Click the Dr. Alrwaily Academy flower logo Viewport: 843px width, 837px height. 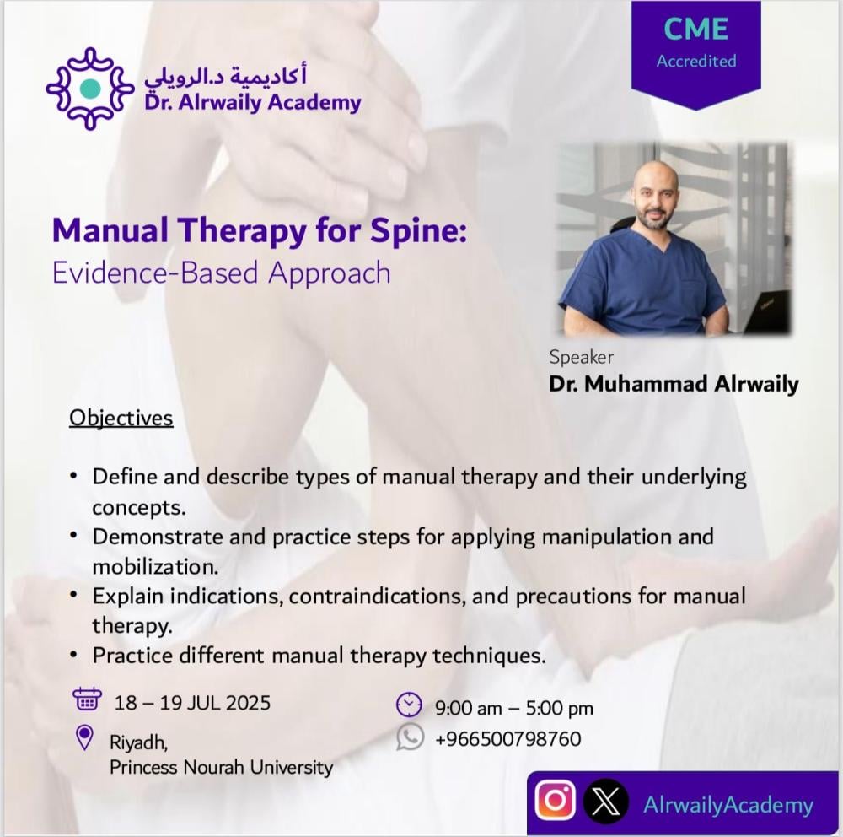coord(90,89)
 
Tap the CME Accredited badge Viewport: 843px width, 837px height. coord(695,54)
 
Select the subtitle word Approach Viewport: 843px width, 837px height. coord(329,273)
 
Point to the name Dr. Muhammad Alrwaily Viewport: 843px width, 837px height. coord(674,384)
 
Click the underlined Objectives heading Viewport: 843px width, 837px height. coord(121,418)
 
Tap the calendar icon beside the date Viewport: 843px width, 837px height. coord(87,699)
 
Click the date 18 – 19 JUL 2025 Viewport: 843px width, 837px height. coord(192,703)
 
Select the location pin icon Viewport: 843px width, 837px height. coord(84,737)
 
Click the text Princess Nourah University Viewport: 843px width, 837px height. coord(221,767)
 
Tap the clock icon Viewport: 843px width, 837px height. coord(409,705)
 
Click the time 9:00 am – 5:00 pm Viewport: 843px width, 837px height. coord(514,709)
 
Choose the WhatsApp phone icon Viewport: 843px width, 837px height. coord(411,737)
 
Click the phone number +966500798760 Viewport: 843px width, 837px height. coord(508,739)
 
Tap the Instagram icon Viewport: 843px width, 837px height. coord(556,801)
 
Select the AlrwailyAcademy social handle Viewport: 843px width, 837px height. coord(728,805)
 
